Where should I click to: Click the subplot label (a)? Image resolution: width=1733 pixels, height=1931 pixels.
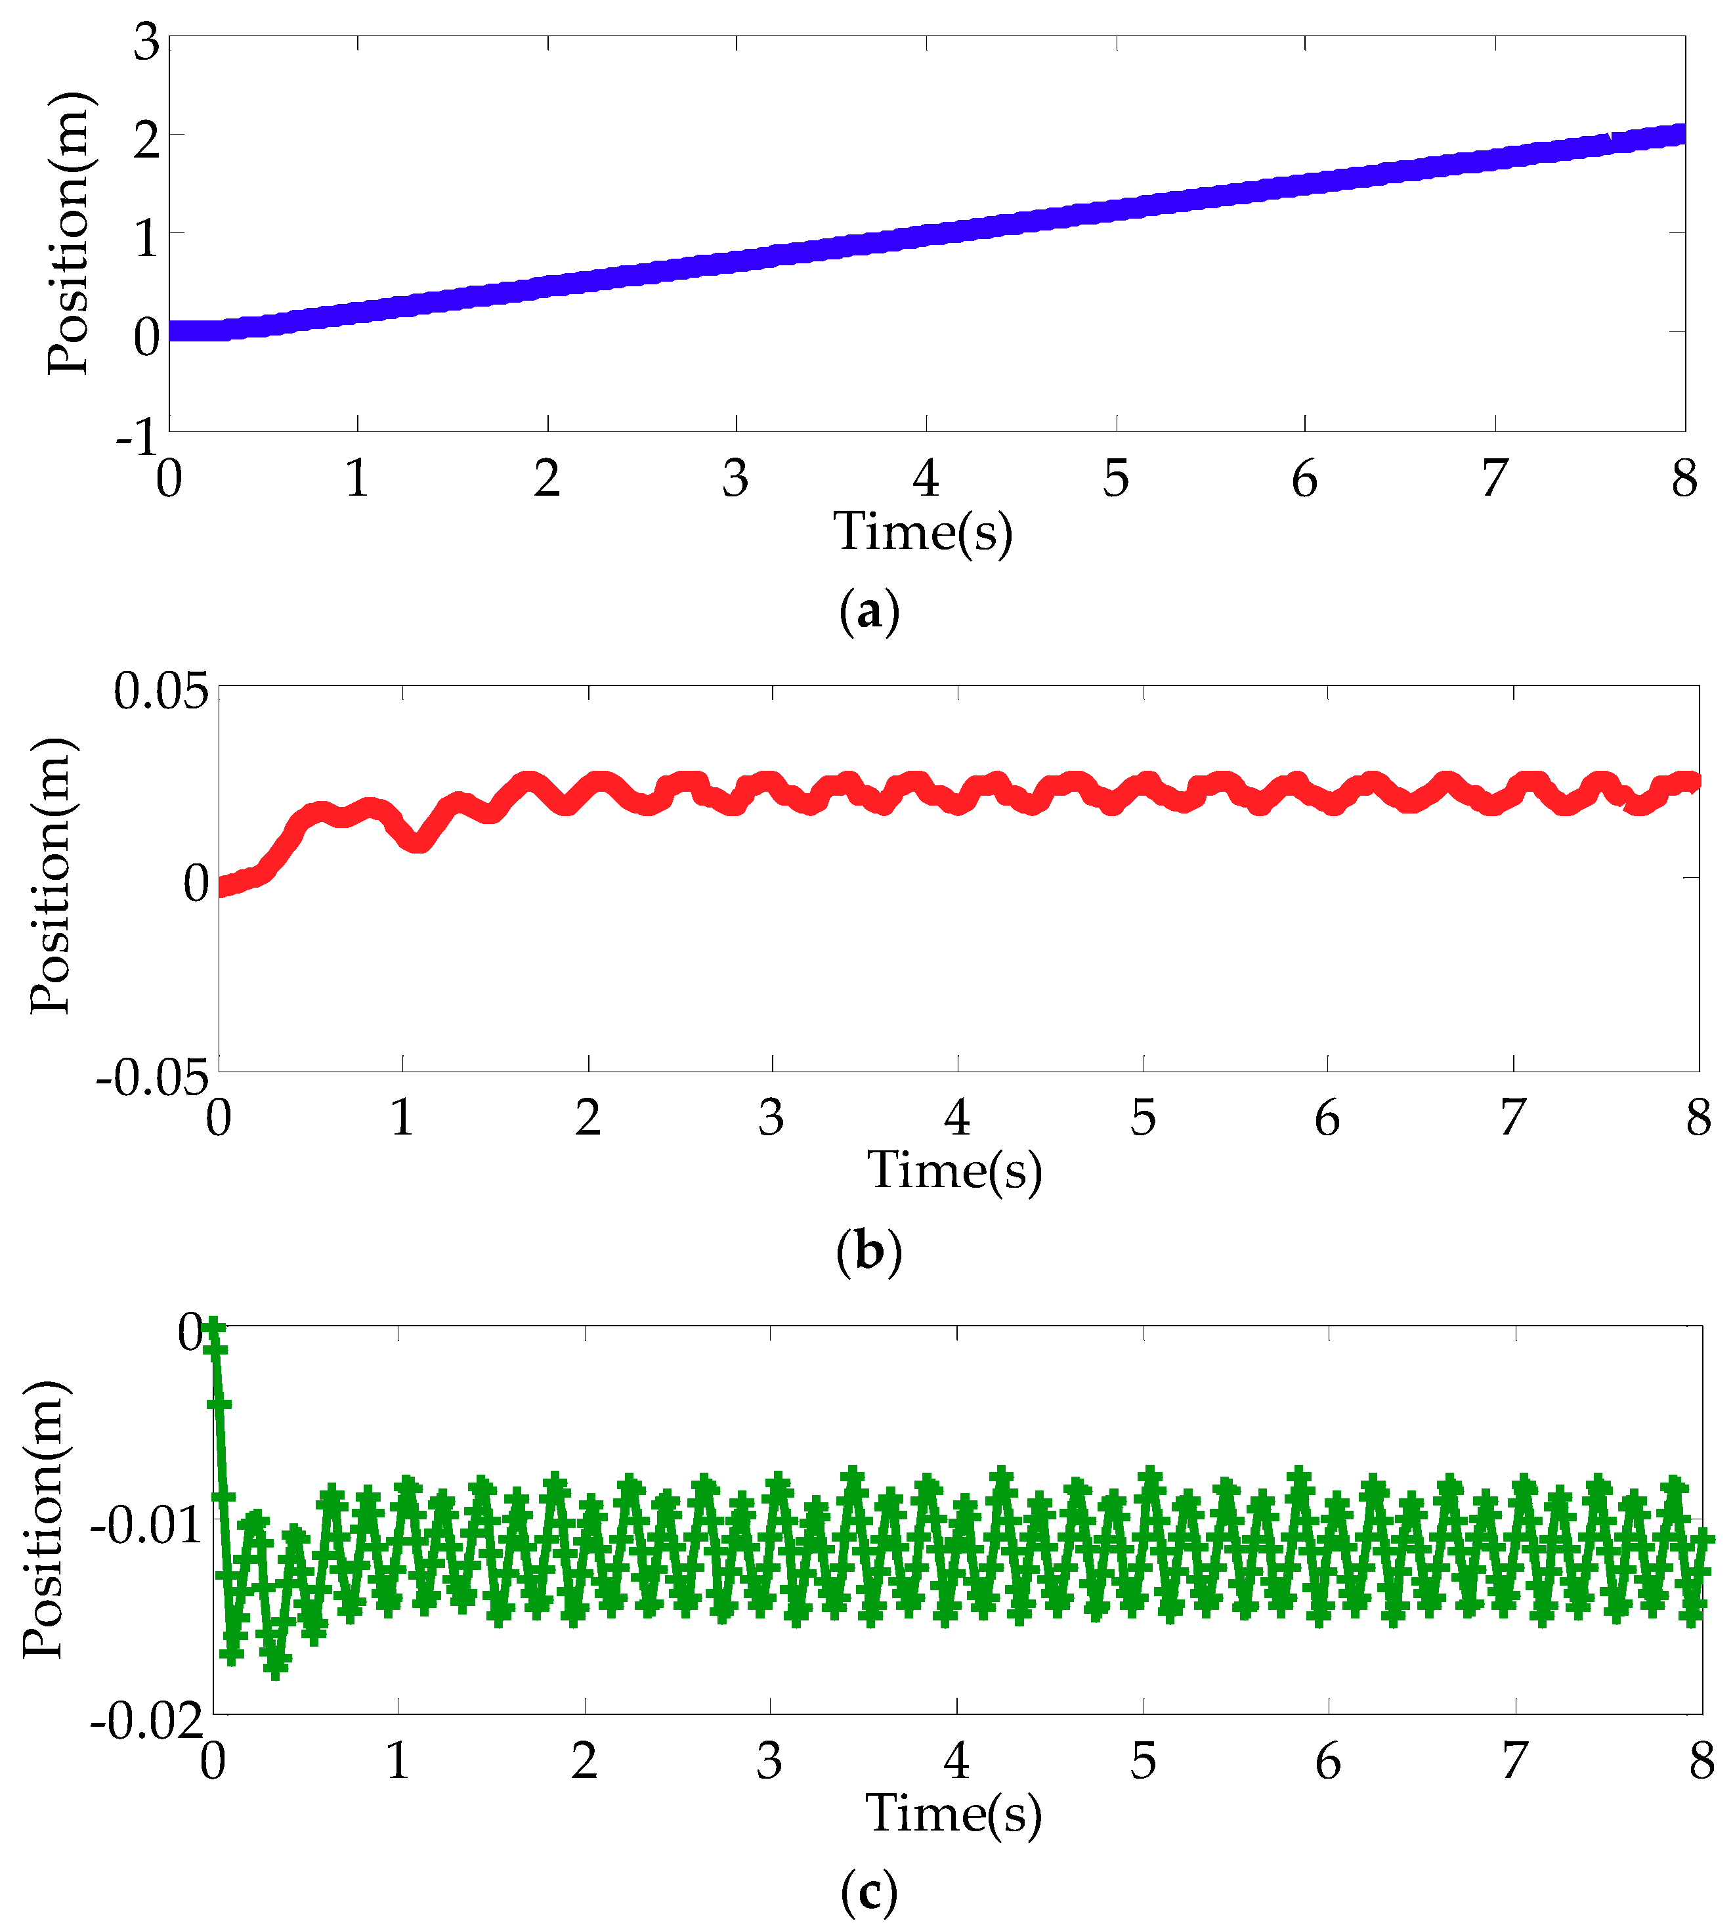tap(869, 611)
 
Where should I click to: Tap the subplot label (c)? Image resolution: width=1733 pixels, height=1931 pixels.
tap(868, 1891)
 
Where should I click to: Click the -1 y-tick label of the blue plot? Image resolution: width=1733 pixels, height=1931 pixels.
tap(136, 438)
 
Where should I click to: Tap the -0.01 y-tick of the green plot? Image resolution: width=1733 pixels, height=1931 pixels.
tap(148, 1525)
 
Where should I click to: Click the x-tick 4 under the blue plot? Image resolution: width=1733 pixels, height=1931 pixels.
tap(926, 478)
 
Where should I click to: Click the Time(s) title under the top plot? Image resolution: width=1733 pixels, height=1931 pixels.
tap(923, 531)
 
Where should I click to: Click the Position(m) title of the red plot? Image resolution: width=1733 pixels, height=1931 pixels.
tap(51, 876)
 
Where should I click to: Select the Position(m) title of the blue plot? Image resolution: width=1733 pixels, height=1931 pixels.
tap(68, 233)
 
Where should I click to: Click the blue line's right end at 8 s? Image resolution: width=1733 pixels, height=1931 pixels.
tap(1682, 134)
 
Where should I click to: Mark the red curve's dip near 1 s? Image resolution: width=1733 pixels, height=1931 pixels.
tap(417, 842)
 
